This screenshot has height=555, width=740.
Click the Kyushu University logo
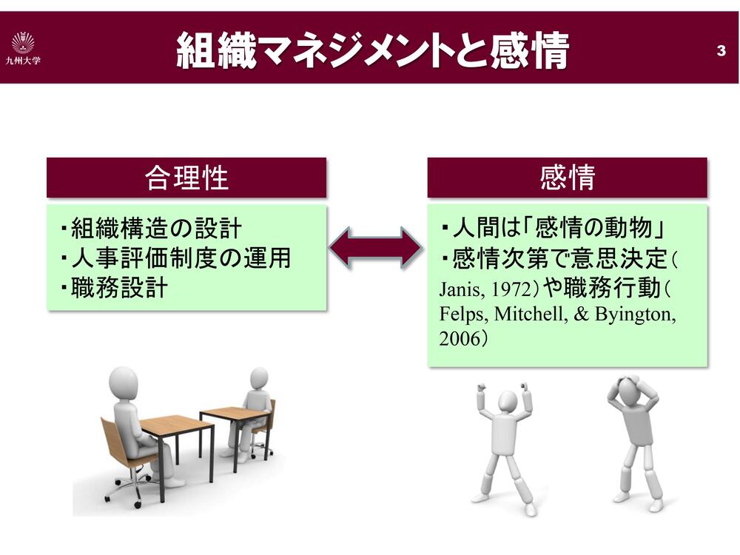(x=23, y=47)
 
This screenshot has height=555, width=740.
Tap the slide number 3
(x=721, y=50)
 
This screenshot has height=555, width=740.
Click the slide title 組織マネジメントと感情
(x=373, y=50)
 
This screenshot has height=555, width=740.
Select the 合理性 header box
(x=186, y=178)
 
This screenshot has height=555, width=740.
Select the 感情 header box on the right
(x=568, y=178)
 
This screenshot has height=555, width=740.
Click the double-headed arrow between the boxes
(x=376, y=248)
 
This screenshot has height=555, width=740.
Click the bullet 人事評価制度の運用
(x=175, y=258)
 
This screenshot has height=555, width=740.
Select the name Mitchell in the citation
(x=531, y=314)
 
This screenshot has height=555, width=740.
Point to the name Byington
(x=635, y=314)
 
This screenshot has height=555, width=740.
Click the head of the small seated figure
(x=259, y=378)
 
